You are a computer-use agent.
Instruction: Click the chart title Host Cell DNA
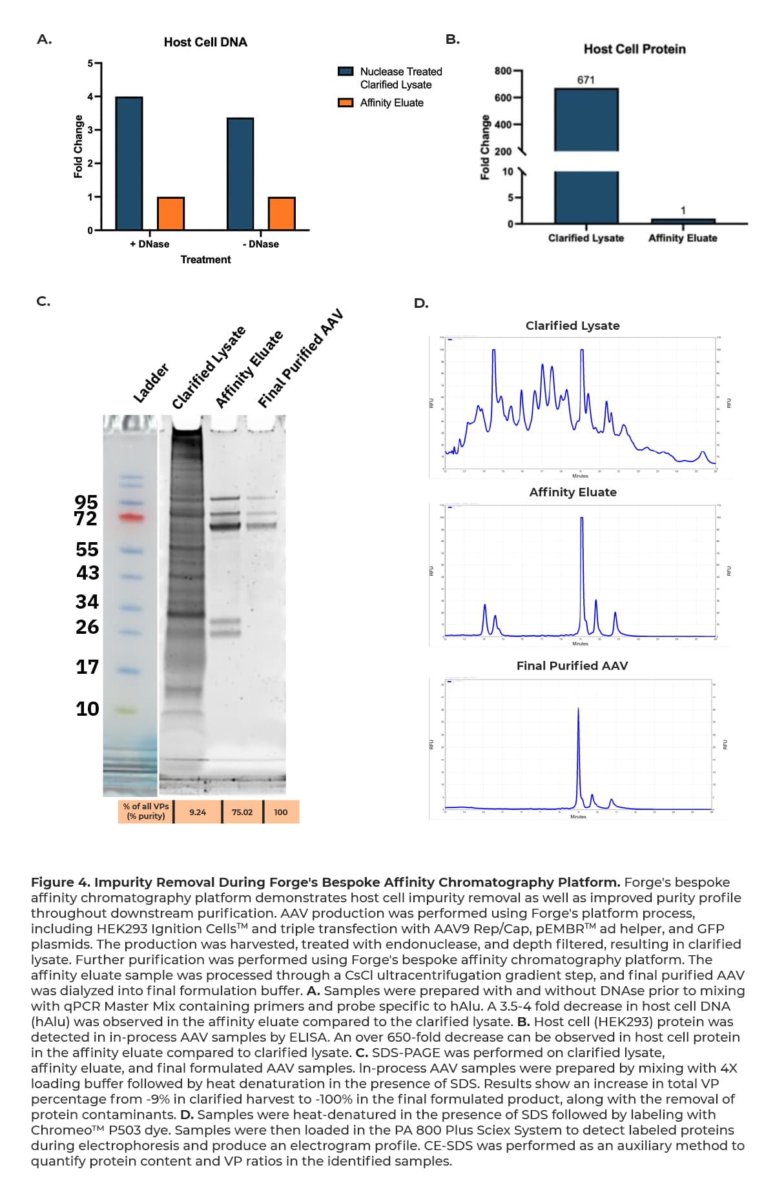point(205,43)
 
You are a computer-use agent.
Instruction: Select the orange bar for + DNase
point(170,214)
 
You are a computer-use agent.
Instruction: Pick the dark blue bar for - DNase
point(240,174)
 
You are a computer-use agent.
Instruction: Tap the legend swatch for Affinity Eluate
point(346,103)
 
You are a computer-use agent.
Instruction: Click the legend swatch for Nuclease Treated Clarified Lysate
point(346,72)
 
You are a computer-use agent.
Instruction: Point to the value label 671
point(586,80)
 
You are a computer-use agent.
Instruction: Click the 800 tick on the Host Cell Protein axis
point(503,70)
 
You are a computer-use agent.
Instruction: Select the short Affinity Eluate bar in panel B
point(683,221)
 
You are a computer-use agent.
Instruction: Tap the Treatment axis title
point(205,259)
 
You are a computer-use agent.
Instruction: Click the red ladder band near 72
point(131,517)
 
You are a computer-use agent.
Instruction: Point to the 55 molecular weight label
point(87,549)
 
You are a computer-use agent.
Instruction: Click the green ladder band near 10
point(127,711)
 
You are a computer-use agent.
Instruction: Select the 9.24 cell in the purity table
point(198,812)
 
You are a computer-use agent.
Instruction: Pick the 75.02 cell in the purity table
point(242,812)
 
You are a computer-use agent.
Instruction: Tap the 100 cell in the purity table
point(281,812)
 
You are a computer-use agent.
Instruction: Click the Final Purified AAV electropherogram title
point(572,665)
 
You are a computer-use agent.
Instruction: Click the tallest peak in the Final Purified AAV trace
point(578,710)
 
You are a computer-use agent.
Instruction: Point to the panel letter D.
point(421,303)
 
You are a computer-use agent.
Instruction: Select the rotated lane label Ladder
point(151,383)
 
